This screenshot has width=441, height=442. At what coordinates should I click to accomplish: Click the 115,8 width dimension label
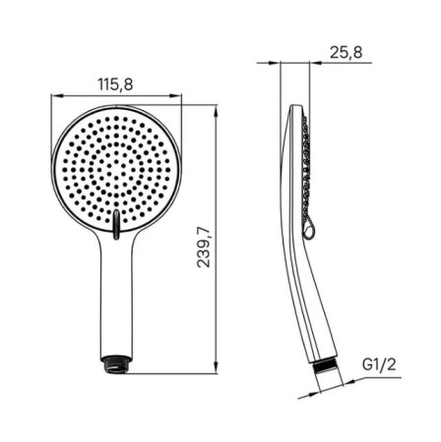[x=115, y=84]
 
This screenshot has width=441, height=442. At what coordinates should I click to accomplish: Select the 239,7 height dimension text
[x=204, y=248]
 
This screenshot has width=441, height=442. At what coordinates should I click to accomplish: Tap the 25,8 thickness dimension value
[x=346, y=52]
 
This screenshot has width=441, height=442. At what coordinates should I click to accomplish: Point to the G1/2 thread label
[x=379, y=364]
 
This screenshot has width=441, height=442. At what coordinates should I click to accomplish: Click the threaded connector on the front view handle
[x=115, y=363]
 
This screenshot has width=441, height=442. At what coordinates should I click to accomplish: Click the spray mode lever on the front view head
[x=116, y=225]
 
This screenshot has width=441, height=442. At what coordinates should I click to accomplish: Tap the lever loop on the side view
[x=309, y=230]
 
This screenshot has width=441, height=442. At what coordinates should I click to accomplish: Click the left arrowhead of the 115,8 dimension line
[x=56, y=95]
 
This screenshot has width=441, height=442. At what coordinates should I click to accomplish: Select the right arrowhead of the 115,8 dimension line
[x=176, y=95]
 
